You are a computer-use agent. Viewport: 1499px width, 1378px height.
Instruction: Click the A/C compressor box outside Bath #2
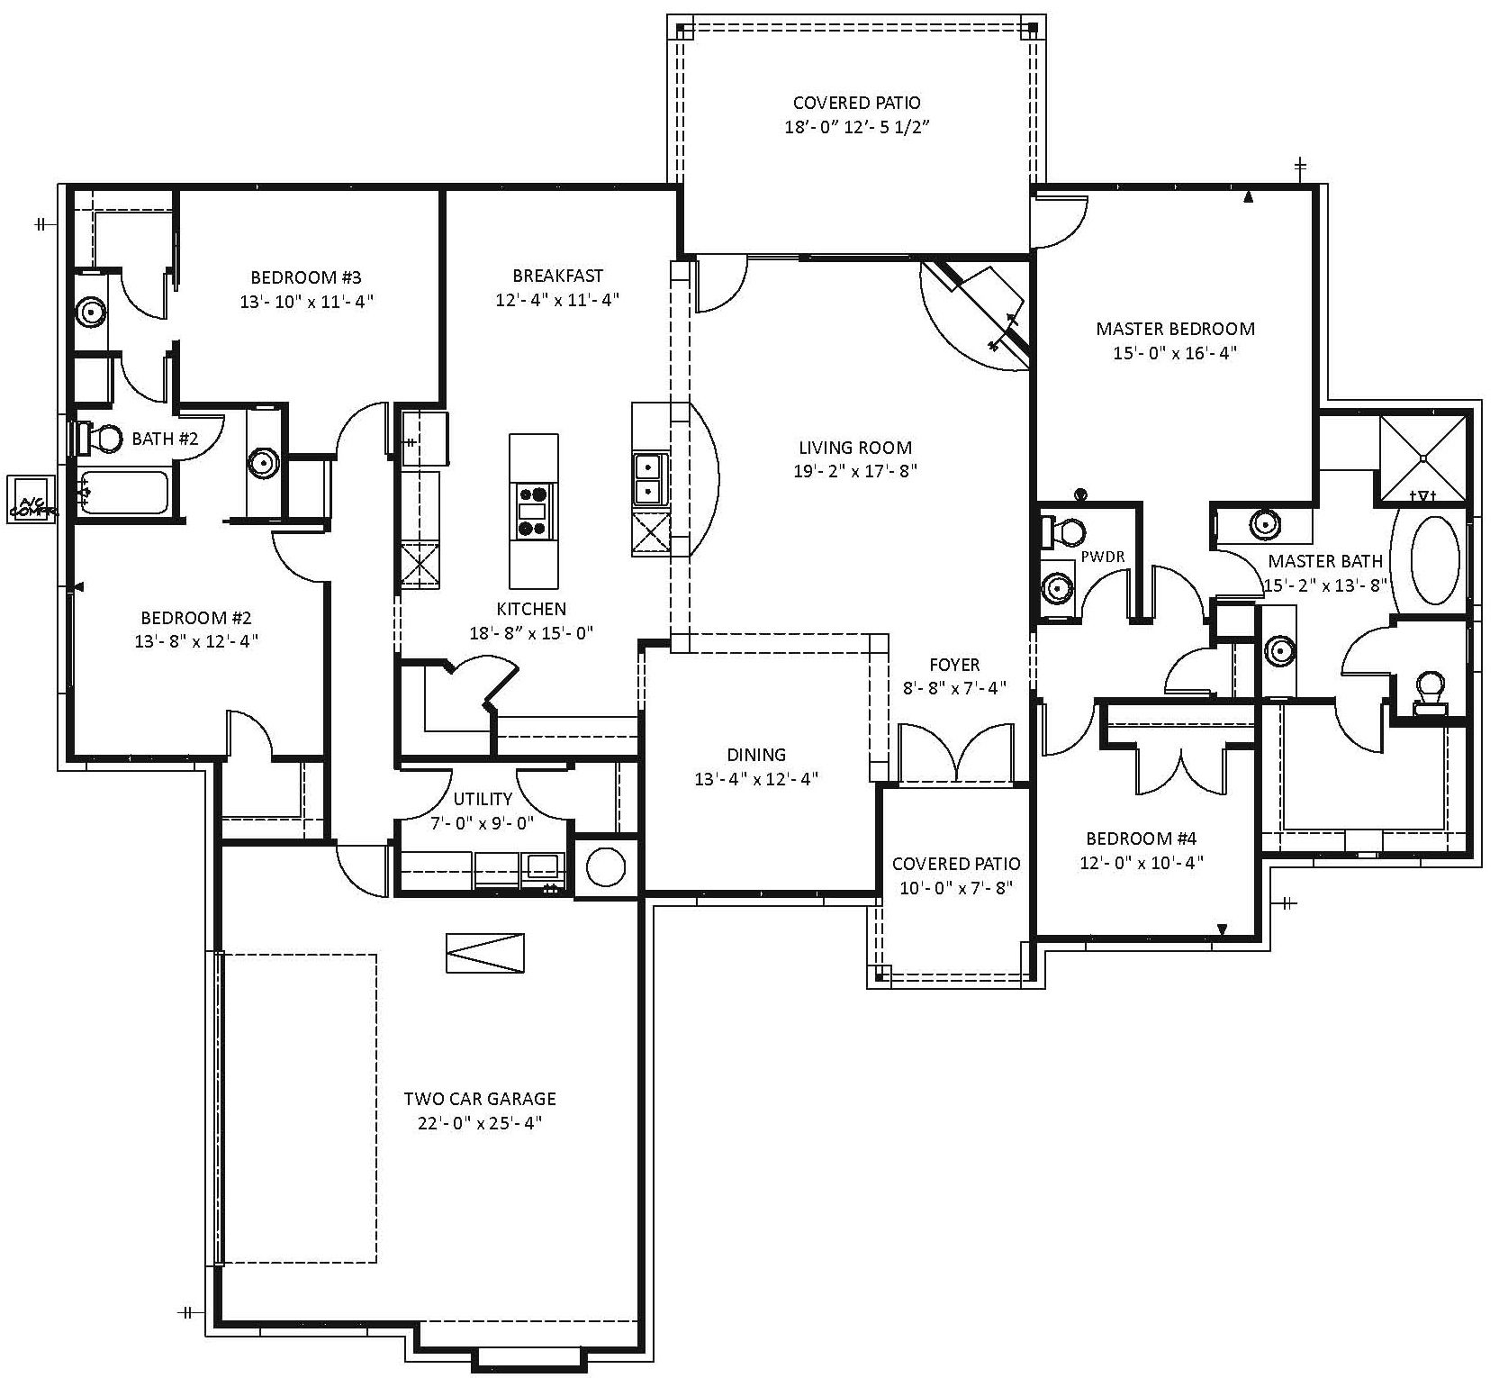coord(32,498)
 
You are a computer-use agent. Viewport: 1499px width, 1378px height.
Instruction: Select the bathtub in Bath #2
coord(124,493)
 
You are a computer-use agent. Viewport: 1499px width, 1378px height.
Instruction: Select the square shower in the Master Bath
coord(1423,458)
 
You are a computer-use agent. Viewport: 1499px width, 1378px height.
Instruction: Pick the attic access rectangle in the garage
coord(486,953)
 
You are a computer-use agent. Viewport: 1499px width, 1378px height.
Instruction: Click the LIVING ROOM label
coord(854,448)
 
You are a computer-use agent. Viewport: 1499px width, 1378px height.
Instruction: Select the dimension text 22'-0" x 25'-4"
coord(479,1123)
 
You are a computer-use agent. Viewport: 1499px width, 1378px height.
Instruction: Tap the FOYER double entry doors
coord(956,755)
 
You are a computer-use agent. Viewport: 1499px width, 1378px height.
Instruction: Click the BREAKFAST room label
coord(557,276)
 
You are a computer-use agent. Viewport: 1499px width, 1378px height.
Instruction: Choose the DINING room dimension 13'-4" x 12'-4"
coord(756,779)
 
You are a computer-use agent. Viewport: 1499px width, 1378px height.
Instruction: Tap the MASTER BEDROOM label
coord(1175,329)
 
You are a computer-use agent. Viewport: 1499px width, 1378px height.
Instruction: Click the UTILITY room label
coord(483,799)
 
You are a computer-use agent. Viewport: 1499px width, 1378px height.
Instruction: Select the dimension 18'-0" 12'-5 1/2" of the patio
coord(856,127)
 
